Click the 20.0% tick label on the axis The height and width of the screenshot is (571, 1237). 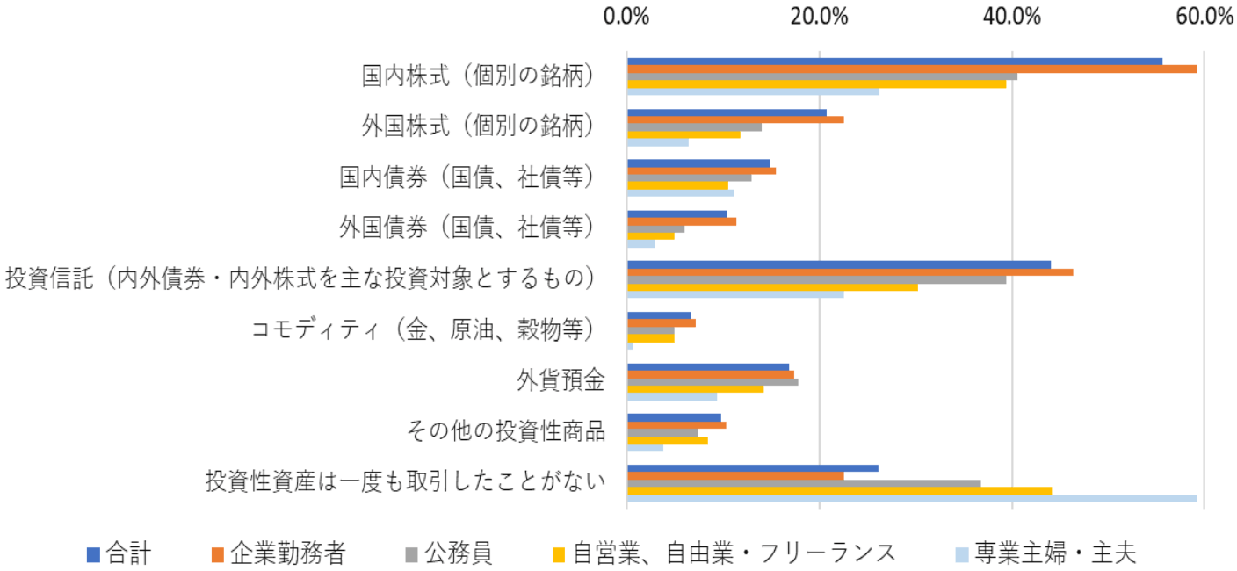point(819,17)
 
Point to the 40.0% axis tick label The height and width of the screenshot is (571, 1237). point(1012,17)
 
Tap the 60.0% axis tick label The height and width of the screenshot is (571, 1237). point(1204,17)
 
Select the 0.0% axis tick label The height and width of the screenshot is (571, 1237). point(626,17)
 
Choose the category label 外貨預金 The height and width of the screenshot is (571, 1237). point(561,381)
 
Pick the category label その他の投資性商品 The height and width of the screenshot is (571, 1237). point(506,431)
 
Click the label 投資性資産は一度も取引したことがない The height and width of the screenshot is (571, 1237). point(406,482)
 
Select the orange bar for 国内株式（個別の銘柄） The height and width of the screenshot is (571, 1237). point(911,69)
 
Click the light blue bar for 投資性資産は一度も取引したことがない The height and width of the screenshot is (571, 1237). point(911,498)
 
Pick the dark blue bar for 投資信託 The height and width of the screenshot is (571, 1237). point(838,264)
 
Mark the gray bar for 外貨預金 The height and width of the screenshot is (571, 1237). point(713,381)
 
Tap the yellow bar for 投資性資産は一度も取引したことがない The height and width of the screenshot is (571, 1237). point(839,490)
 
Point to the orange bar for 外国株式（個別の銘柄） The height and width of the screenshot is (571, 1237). point(735,119)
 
